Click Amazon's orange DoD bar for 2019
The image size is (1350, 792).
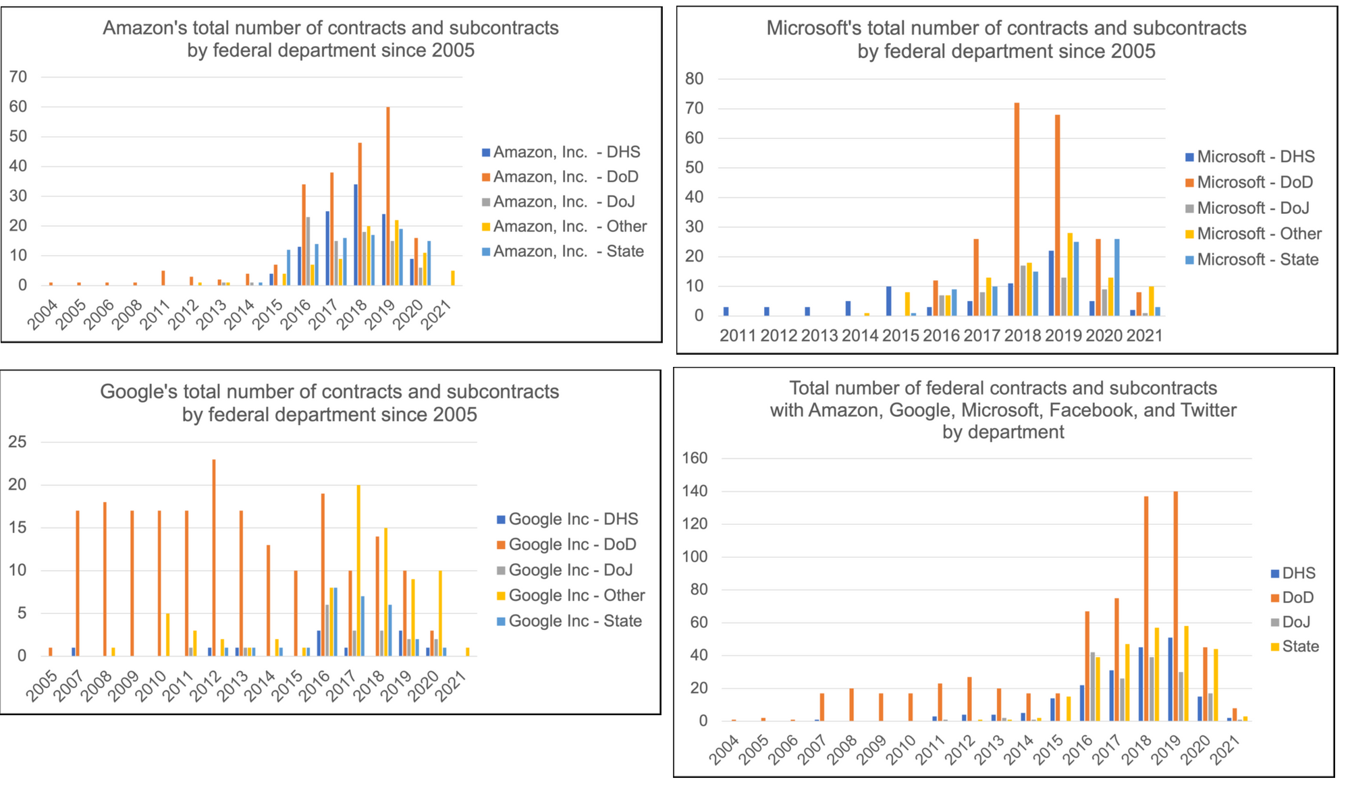click(x=388, y=196)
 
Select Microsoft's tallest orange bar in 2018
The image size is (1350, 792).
click(x=1017, y=209)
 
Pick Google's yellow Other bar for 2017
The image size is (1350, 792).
click(x=358, y=570)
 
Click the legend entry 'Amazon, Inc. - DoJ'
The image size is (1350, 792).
click(x=564, y=202)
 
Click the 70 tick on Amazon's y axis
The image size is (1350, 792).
click(x=18, y=77)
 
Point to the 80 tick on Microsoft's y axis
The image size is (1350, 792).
click(x=694, y=79)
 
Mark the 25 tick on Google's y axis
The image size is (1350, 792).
click(x=18, y=443)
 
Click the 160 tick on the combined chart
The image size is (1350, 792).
click(x=695, y=459)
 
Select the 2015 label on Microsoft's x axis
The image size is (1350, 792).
click(x=900, y=335)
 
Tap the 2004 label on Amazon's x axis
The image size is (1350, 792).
click(x=43, y=315)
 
